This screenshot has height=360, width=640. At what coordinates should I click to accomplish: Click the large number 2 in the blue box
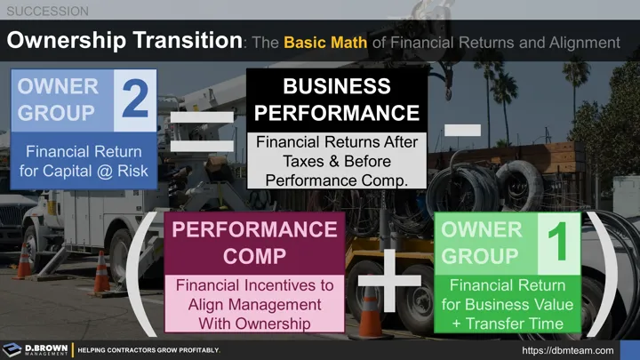pos(136,100)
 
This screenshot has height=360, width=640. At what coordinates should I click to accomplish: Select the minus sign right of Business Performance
pos(463,130)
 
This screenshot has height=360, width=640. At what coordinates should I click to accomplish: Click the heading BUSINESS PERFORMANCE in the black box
pos(336,100)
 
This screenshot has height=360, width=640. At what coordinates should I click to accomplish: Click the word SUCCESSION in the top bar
pos(45,11)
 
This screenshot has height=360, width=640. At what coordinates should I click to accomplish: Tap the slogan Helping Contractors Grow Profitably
pos(148,350)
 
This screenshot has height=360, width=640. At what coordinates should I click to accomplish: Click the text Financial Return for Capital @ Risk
pos(83,160)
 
